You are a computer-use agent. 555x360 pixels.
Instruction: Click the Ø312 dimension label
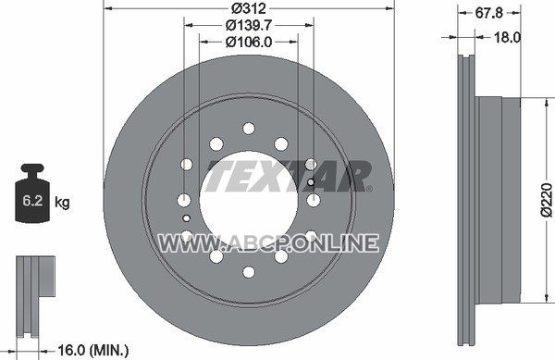click(248, 7)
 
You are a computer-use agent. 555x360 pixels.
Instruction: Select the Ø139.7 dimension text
click(249, 25)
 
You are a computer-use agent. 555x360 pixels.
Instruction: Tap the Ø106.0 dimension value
click(249, 43)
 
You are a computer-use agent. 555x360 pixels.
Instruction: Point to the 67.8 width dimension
click(488, 13)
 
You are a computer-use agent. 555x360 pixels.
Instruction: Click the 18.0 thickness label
click(507, 37)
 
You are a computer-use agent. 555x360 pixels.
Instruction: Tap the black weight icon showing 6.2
click(32, 192)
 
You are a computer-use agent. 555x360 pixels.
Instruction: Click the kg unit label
click(62, 203)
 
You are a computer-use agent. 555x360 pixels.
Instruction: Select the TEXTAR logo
click(289, 176)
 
